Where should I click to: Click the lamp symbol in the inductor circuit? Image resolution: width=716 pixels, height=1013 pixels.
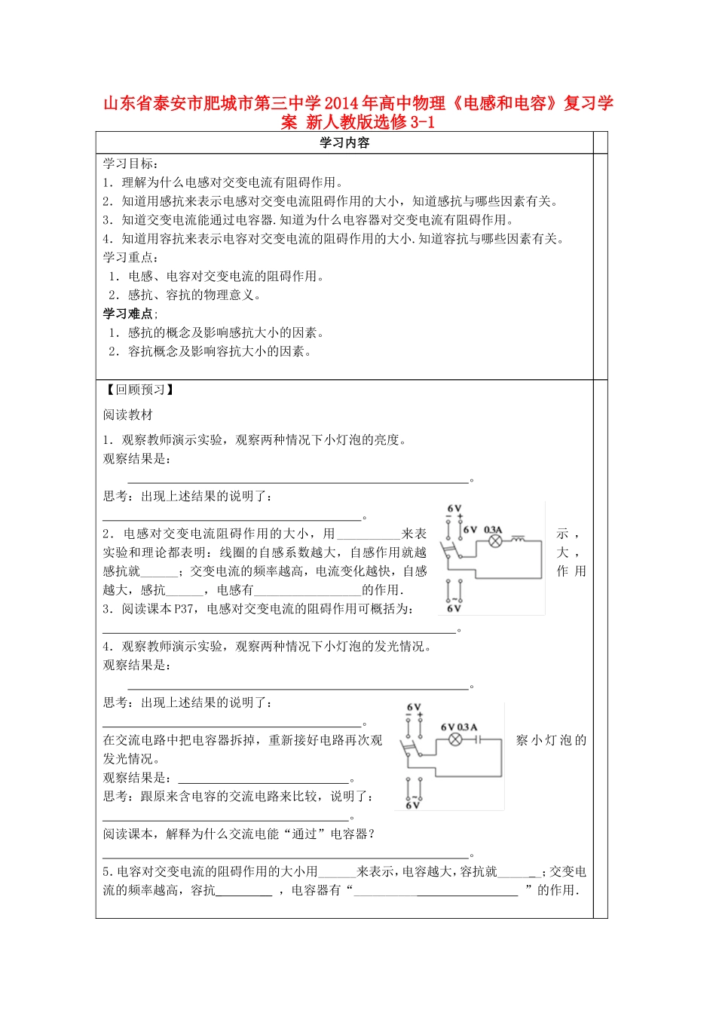[x=495, y=541]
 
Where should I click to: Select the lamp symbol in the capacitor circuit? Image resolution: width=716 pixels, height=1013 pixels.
[x=455, y=739]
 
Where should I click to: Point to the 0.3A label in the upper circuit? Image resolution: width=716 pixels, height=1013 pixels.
[x=493, y=530]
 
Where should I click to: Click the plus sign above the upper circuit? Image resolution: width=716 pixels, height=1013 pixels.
[x=461, y=517]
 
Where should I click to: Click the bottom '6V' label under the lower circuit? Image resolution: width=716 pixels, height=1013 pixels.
[x=412, y=806]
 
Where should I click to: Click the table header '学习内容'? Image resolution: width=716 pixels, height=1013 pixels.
[x=344, y=143]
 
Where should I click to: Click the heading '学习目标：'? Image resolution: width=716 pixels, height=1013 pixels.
[x=130, y=164]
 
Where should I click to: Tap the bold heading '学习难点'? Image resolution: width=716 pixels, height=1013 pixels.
[x=129, y=314]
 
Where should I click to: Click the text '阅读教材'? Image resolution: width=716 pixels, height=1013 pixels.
[x=128, y=415]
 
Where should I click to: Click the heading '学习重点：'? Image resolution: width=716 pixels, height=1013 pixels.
[x=130, y=258]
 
